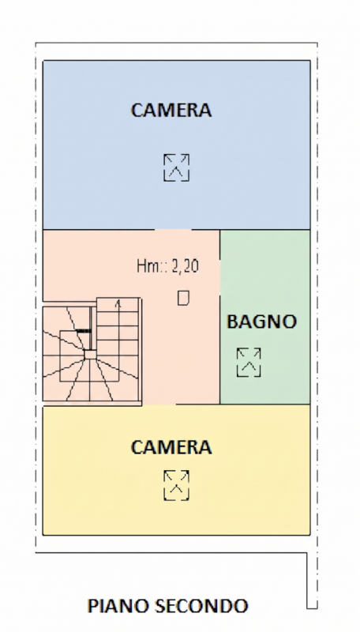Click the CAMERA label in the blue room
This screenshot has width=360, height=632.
click(x=171, y=110)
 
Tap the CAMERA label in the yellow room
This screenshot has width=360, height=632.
click(x=171, y=447)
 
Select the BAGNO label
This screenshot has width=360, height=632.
click(x=262, y=322)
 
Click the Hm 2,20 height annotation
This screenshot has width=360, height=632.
click(x=168, y=266)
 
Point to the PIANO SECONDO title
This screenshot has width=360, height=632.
click(x=167, y=606)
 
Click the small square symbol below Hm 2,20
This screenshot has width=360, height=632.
click(x=183, y=298)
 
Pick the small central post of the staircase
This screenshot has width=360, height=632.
click(x=90, y=354)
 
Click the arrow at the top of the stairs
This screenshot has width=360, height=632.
click(x=118, y=304)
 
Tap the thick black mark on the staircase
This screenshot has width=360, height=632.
click(x=84, y=330)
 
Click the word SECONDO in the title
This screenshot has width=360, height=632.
click(x=201, y=606)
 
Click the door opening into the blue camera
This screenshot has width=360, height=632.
click(x=173, y=230)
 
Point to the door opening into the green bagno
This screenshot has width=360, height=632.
click(x=219, y=277)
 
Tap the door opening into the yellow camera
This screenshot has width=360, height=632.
click(x=159, y=404)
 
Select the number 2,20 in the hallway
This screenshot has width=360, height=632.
click(x=186, y=266)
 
